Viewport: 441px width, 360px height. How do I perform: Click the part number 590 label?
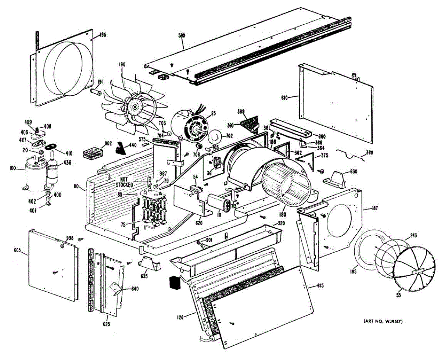pyautogui.click(x=182, y=36)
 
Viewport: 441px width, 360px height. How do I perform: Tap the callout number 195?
pyautogui.click(x=102, y=35)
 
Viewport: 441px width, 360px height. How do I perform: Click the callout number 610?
pyautogui.click(x=284, y=97)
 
